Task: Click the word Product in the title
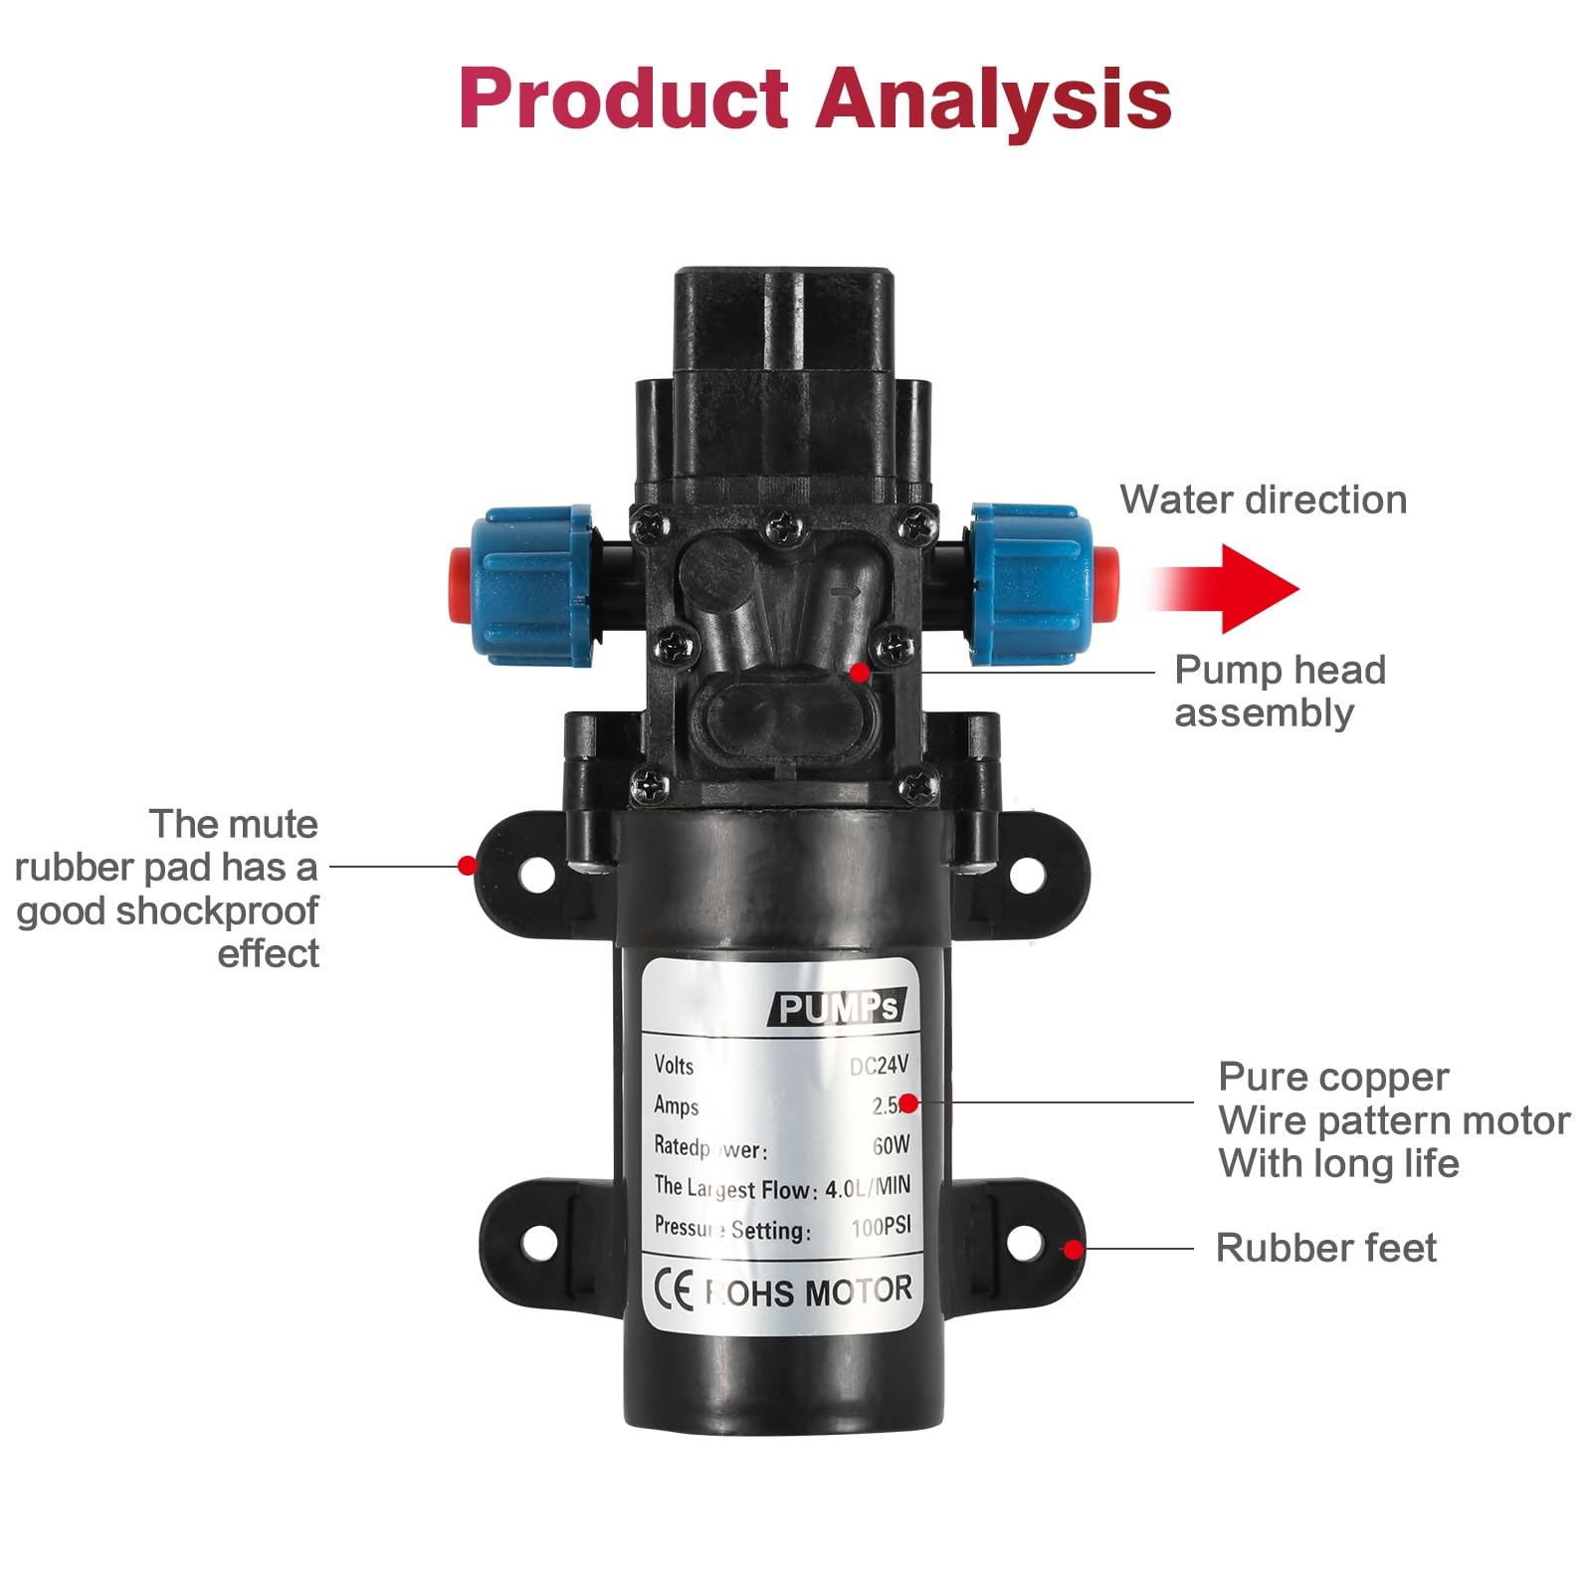coord(624,100)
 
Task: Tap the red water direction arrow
coord(1234,588)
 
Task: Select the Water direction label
coord(1263,499)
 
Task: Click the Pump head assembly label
coord(1279,691)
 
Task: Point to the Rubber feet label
coord(1325,1248)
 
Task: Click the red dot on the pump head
coord(860,673)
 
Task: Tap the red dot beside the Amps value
coord(908,1102)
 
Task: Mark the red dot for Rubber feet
coord(1073,1249)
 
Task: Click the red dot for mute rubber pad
coord(467,866)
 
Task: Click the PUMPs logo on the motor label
coord(838,1008)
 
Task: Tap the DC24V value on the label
coord(879,1066)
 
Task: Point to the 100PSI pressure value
coord(881,1228)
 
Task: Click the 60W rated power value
coord(891,1145)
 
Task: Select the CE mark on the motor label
coord(674,1292)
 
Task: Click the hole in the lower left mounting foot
coord(537,1241)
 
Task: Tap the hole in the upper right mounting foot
coord(1028,875)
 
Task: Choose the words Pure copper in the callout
coord(1333,1077)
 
